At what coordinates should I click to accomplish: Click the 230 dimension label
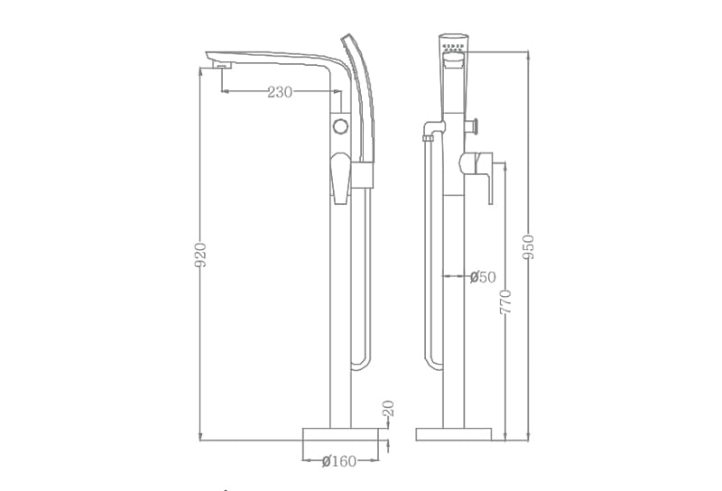pyautogui.click(x=279, y=92)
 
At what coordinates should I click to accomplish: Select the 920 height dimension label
pyautogui.click(x=201, y=255)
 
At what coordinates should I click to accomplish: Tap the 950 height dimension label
pyautogui.click(x=529, y=246)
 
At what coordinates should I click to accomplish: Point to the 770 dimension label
pyautogui.click(x=505, y=301)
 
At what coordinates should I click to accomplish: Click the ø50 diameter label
pyautogui.click(x=483, y=277)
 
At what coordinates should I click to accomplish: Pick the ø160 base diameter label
pyautogui.click(x=339, y=461)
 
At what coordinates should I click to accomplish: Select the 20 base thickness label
pyautogui.click(x=388, y=409)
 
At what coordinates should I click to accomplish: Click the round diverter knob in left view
pyautogui.click(x=340, y=125)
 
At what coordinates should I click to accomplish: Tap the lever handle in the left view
pyautogui.click(x=340, y=176)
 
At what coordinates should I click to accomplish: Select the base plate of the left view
pyautogui.click(x=339, y=434)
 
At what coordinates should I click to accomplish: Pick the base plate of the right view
pyautogui.click(x=453, y=434)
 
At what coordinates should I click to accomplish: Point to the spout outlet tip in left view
pyautogui.click(x=220, y=64)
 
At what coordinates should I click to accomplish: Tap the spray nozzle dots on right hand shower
pyautogui.click(x=453, y=44)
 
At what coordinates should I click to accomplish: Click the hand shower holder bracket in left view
pyautogui.click(x=362, y=175)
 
